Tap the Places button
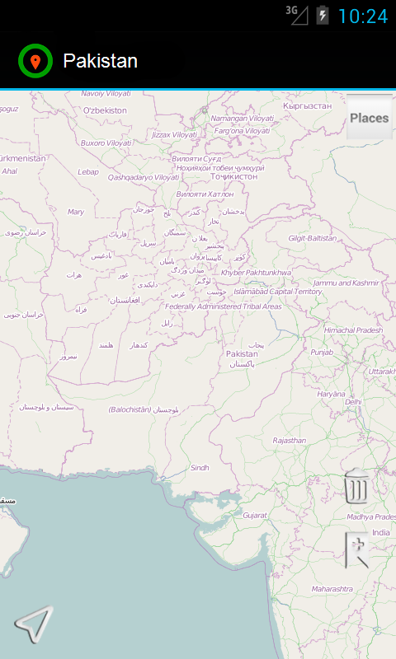369,118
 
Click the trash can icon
356,487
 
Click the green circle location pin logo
35,61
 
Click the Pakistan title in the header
100,61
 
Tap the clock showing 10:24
362,16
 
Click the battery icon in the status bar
323,16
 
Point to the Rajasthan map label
289,441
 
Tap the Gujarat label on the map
255,515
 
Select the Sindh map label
200,467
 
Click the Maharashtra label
332,589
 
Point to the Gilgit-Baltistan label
312,238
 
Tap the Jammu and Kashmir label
346,283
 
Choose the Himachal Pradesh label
353,329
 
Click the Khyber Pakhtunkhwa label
257,272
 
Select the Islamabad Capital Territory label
278,292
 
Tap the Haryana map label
331,394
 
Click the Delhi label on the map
353,402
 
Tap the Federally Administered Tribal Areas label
223,306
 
